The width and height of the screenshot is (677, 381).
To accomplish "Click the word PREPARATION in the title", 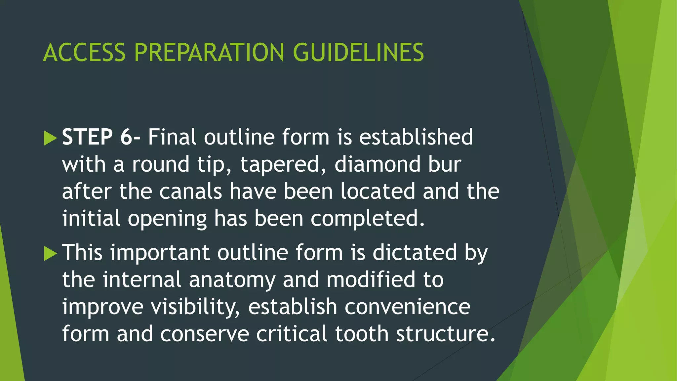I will click(x=209, y=53).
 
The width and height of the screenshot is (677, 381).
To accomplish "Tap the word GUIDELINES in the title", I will click(x=358, y=53).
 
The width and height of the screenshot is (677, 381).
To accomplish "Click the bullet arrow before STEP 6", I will click(x=50, y=138).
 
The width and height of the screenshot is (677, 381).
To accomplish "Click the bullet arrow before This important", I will click(x=50, y=253).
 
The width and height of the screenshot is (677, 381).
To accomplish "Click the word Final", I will click(x=172, y=137).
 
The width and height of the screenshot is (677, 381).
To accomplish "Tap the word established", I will click(x=416, y=137).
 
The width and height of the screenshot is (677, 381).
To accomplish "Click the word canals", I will click(x=190, y=191).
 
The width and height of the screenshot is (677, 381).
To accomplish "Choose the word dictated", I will click(x=415, y=253).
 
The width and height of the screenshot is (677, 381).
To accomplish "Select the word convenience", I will click(x=407, y=307).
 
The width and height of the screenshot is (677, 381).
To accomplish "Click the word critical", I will click(x=292, y=334).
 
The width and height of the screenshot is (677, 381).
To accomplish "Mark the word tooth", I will click(x=362, y=334).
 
